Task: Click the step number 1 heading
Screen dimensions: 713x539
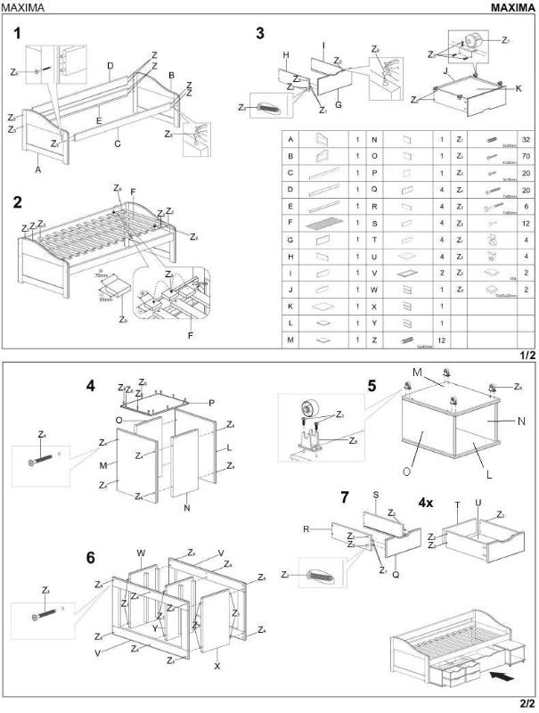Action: [16, 34]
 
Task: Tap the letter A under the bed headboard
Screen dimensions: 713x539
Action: [38, 168]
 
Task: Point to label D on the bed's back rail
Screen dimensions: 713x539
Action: [110, 65]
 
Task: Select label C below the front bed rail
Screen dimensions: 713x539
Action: [117, 142]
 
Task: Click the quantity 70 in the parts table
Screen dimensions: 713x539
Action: [526, 157]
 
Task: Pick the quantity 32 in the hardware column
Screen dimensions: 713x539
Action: [526, 140]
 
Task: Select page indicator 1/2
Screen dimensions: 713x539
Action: [527, 355]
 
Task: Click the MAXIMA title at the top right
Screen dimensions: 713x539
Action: [512, 7]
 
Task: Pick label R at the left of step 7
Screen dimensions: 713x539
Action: [305, 529]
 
